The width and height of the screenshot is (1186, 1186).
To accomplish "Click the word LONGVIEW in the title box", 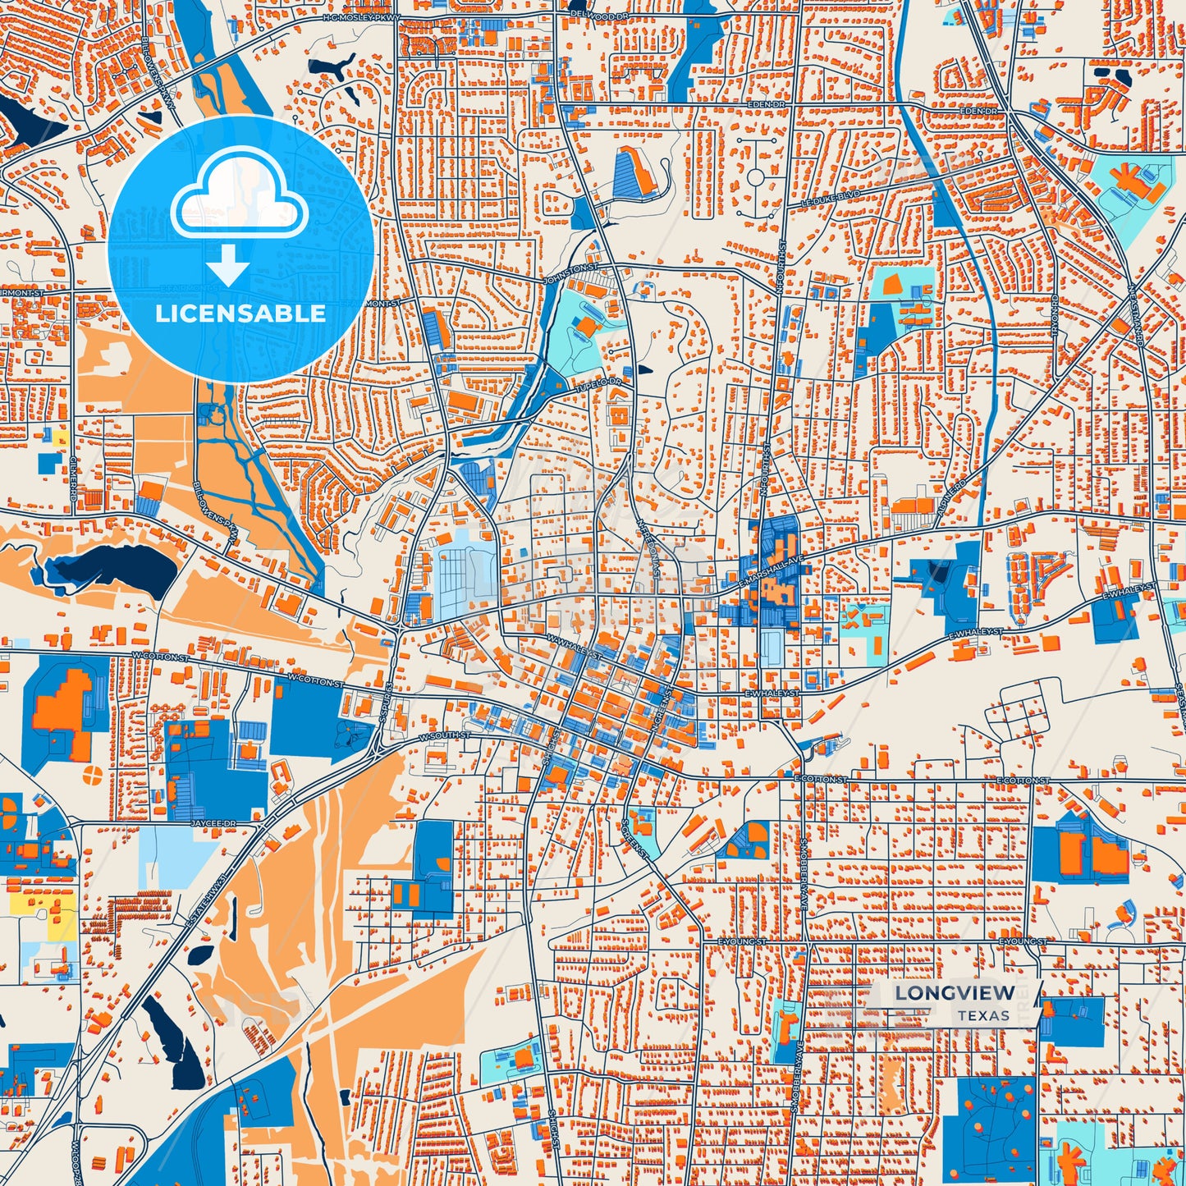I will click(x=955, y=993).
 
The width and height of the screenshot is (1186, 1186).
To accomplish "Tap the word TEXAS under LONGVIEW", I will click(x=982, y=1015).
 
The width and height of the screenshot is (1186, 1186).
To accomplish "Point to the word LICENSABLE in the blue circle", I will click(x=240, y=313).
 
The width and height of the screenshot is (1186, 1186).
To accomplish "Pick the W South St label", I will click(x=444, y=735).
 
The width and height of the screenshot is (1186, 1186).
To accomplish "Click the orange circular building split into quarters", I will click(x=94, y=774).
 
